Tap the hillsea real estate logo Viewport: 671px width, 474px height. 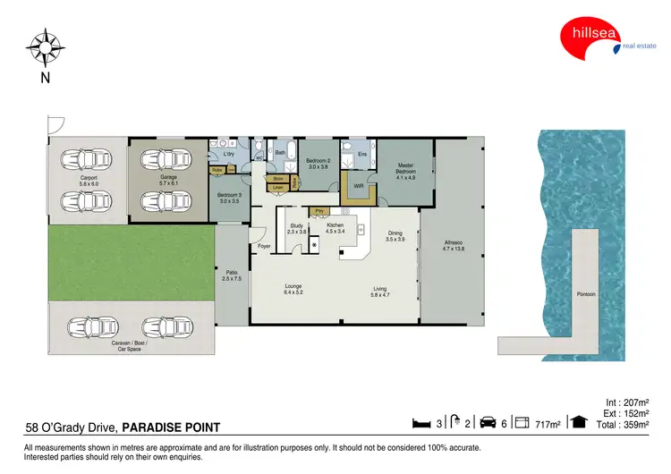tap(595, 41)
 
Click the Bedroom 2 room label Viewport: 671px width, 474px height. tap(319, 163)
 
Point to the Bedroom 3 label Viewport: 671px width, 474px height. tap(230, 199)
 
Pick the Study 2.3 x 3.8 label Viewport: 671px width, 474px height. tap(297, 228)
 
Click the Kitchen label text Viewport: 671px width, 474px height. tap(335, 228)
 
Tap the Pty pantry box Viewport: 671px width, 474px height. tap(319, 211)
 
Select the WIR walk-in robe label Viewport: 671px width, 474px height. tap(357, 186)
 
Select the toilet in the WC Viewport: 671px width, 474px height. tap(259, 147)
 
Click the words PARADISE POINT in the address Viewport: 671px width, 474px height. tap(172, 427)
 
